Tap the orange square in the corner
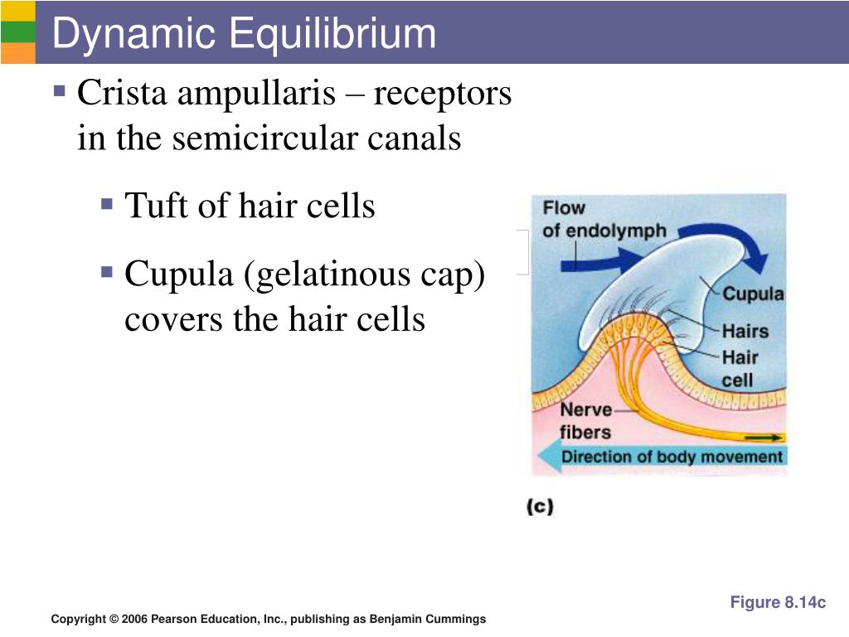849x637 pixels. click(x=17, y=52)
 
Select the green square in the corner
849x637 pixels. click(x=17, y=32)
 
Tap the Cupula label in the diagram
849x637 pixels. click(x=752, y=294)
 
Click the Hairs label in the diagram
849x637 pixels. click(x=745, y=331)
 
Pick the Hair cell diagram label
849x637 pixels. click(x=740, y=369)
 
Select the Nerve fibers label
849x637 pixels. click(x=585, y=421)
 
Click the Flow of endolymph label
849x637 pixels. click(x=603, y=219)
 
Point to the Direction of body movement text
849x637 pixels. click(x=672, y=457)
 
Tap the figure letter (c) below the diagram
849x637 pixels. click(x=539, y=506)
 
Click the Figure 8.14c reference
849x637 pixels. click(x=778, y=603)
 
